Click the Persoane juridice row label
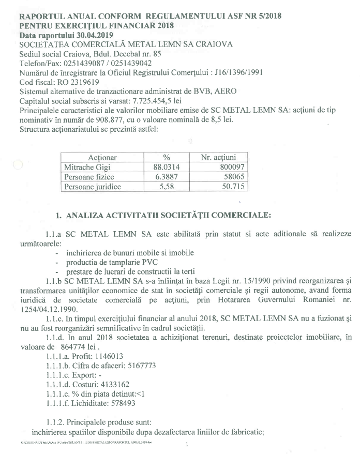click(x=92, y=186)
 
